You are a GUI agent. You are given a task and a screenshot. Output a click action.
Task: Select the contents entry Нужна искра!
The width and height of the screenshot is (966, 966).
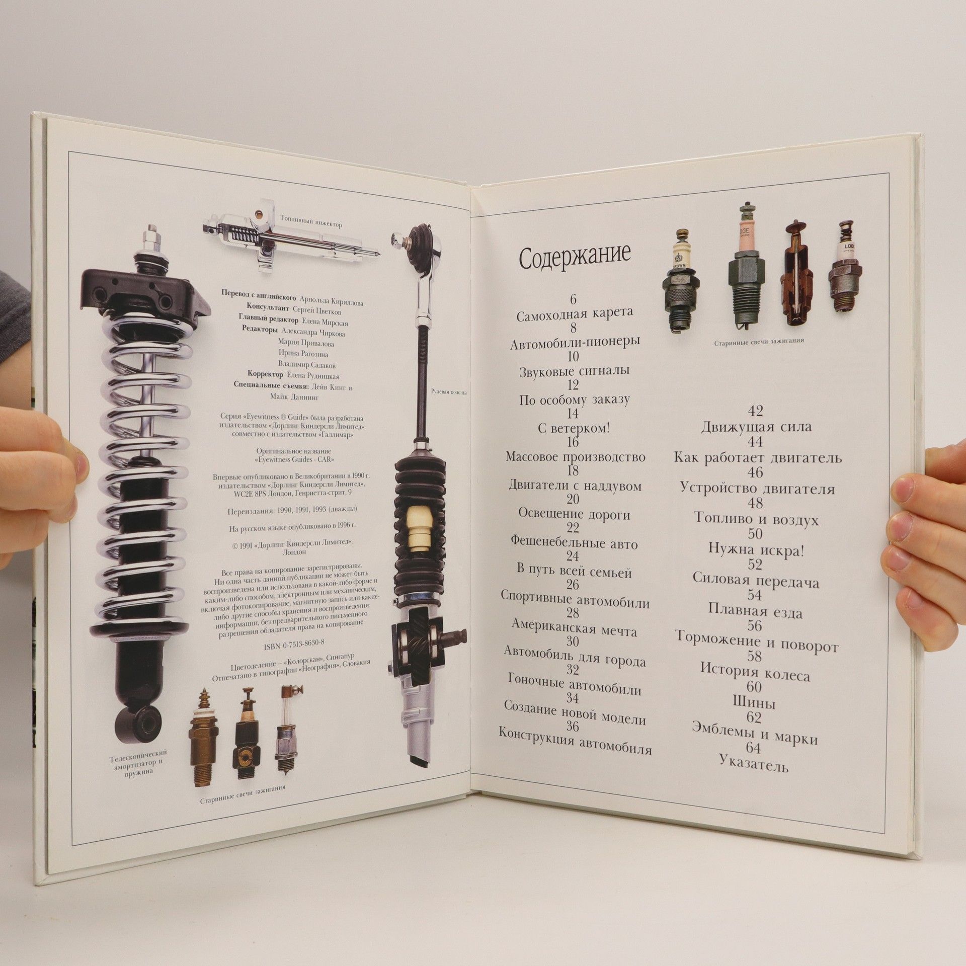[756, 549]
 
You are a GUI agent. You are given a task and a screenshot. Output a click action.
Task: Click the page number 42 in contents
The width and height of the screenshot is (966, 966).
[756, 411]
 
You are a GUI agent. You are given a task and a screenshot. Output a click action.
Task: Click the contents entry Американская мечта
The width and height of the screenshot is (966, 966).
[574, 627]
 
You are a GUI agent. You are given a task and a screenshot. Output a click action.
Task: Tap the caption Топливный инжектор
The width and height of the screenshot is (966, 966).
[311, 220]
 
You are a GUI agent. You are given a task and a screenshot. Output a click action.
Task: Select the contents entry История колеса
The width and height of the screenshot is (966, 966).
[755, 671]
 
